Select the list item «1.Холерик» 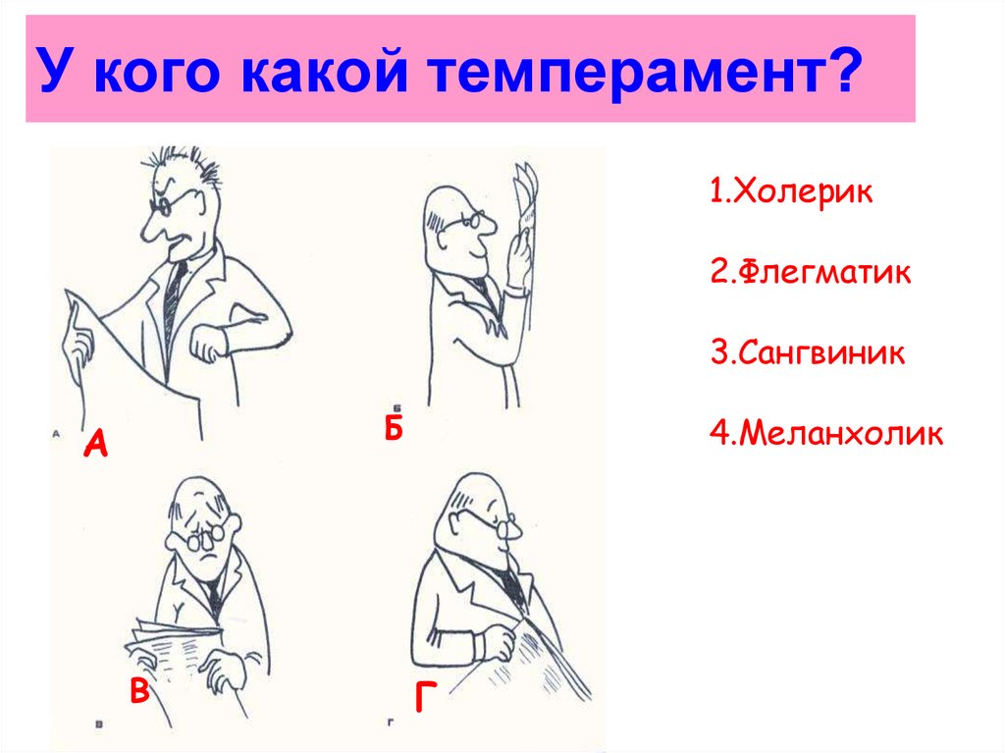(x=790, y=190)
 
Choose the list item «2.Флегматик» (x=811, y=271)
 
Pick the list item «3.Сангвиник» (x=807, y=351)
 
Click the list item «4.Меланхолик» (x=826, y=432)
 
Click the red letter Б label (x=394, y=428)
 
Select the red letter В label (x=139, y=691)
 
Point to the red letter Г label (x=424, y=696)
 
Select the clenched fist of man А (x=208, y=346)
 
